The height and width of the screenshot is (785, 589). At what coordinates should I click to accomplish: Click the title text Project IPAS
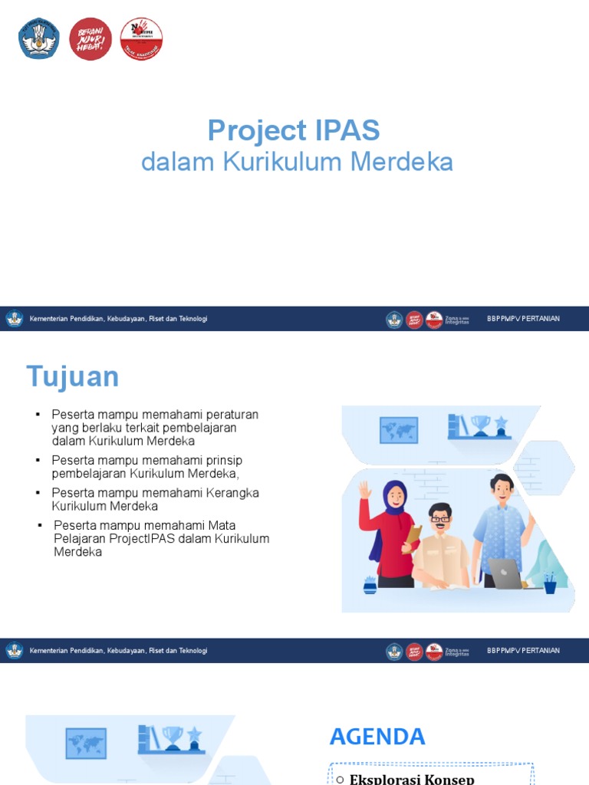(294, 131)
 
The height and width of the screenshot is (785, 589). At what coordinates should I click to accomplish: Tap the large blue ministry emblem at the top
(39, 38)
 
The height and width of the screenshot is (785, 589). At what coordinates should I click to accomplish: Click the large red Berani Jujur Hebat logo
(90, 38)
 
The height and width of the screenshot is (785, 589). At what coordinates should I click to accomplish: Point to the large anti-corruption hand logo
(141, 38)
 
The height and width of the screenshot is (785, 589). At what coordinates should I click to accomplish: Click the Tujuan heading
(73, 377)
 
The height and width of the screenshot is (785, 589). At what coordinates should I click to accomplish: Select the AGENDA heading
(377, 737)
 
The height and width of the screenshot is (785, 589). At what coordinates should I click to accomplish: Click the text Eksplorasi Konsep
(412, 779)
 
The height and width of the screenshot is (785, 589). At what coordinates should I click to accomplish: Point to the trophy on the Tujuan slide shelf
(481, 424)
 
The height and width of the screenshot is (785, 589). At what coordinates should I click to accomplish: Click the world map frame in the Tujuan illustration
(399, 430)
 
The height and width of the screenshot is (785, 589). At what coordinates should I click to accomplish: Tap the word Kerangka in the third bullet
(232, 493)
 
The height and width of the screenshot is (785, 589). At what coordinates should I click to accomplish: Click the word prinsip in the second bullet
(224, 460)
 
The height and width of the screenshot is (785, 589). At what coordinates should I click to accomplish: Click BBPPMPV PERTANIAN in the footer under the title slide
(523, 319)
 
